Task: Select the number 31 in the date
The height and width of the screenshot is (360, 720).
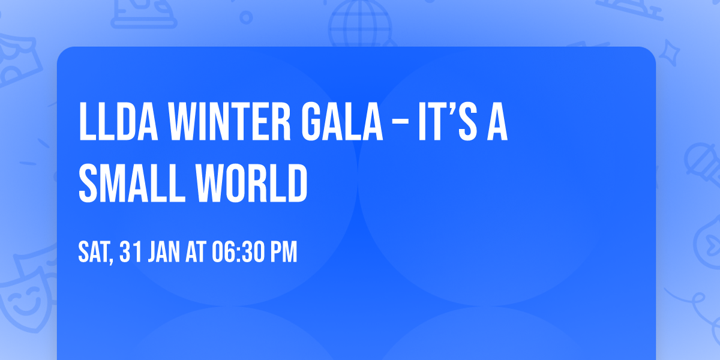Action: click(x=130, y=252)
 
